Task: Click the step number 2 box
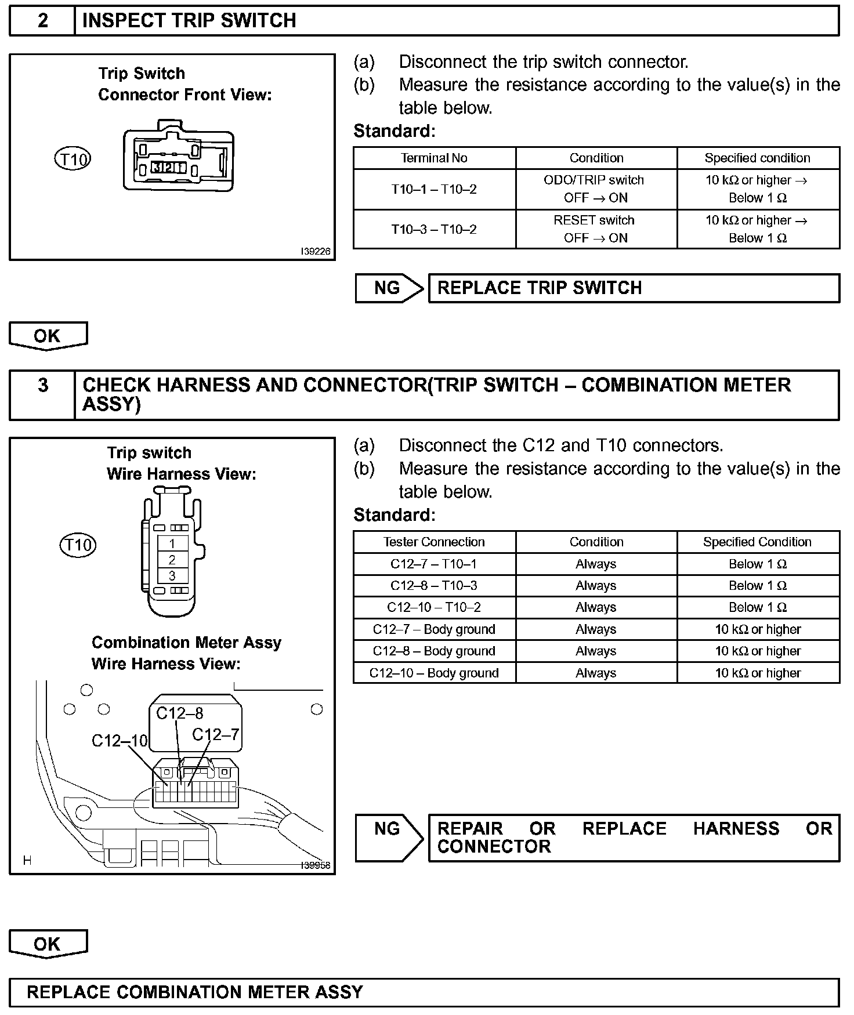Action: point(42,21)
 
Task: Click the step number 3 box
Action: point(42,394)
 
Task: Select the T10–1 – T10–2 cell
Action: point(434,189)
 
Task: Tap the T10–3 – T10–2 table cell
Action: point(434,229)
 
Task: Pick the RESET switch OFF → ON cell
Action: point(596,229)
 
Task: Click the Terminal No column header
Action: point(434,158)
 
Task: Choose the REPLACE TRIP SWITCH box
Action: point(634,288)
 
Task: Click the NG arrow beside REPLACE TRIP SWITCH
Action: point(388,288)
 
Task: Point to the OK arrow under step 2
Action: point(48,336)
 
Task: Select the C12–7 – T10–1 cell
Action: point(434,564)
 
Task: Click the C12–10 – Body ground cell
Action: point(434,673)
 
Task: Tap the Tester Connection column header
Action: point(434,542)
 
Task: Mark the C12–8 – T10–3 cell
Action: point(434,586)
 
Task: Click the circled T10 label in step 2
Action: point(73,159)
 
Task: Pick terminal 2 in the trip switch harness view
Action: point(172,560)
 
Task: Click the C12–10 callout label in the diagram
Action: point(120,741)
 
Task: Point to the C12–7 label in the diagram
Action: point(215,735)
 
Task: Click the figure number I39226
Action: point(316,252)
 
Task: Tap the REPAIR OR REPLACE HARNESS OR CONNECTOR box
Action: point(634,838)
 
